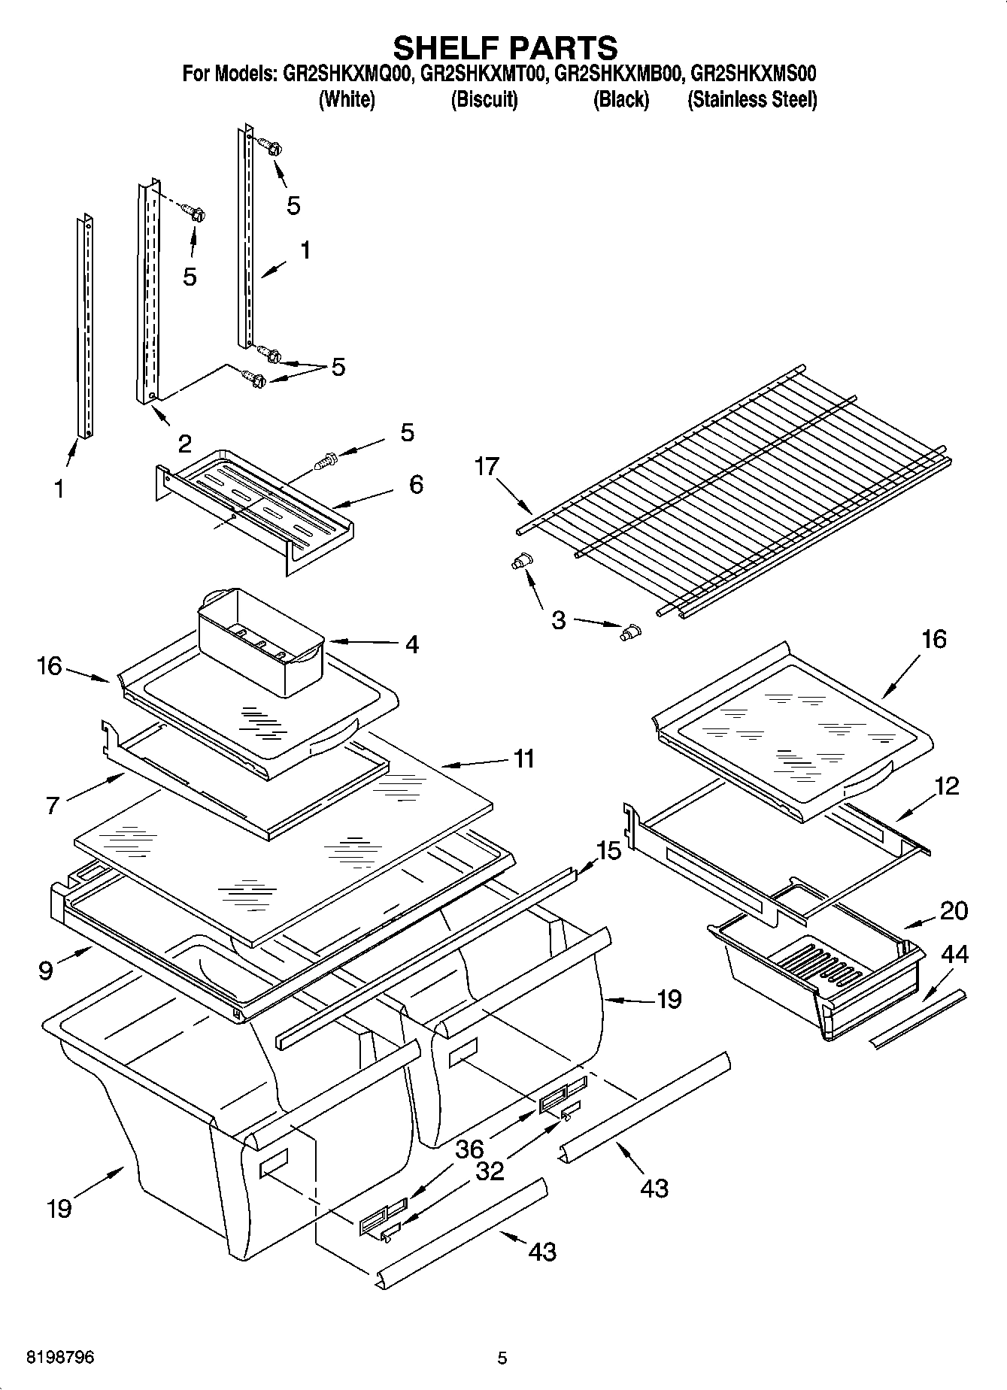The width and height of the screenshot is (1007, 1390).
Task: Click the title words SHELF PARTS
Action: (x=505, y=47)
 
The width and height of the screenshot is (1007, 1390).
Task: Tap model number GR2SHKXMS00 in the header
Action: (x=753, y=74)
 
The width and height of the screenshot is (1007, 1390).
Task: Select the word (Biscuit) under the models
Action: (x=484, y=99)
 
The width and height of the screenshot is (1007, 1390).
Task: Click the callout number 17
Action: (x=487, y=467)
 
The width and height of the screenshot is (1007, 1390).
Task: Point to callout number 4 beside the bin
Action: (x=411, y=644)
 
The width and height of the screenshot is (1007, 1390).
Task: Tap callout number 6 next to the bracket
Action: (x=415, y=484)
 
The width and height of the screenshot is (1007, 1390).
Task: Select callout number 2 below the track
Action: (x=184, y=444)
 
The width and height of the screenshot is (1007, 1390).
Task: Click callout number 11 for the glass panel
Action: (x=523, y=759)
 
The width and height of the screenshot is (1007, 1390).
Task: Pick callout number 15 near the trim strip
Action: (x=608, y=851)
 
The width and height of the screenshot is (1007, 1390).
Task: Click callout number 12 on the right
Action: (x=947, y=786)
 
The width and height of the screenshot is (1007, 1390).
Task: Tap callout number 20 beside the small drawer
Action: (x=954, y=910)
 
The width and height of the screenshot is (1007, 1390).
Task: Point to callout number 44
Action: (x=954, y=955)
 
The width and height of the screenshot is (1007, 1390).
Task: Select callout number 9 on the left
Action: (x=46, y=970)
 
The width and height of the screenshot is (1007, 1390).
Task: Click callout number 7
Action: (x=52, y=806)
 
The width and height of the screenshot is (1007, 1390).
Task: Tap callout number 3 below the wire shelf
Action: (x=558, y=621)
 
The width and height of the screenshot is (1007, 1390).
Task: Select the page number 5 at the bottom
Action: (x=502, y=1358)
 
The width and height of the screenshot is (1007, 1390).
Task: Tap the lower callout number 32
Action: (x=489, y=1170)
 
